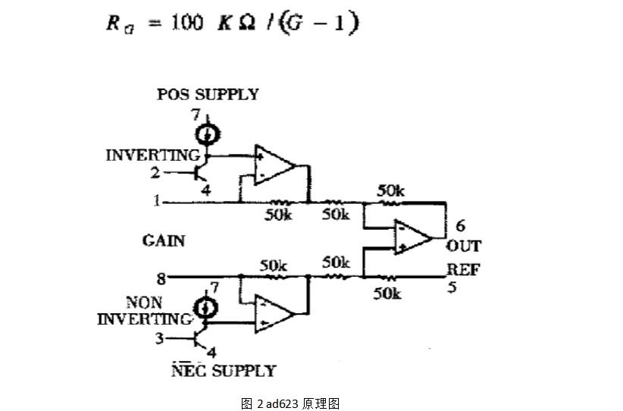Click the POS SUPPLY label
(208, 95)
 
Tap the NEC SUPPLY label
(224, 371)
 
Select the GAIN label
(164, 241)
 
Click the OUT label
(463, 246)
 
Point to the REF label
(463, 269)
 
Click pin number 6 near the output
(460, 226)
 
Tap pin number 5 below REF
(452, 287)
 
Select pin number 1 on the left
(157, 201)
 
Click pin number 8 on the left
(161, 279)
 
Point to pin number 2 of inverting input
(155, 173)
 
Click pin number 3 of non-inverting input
(159, 339)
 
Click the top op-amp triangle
(274, 165)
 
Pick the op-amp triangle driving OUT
(413, 237)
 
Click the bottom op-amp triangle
(274, 314)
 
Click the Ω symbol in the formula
(246, 24)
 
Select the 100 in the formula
(186, 22)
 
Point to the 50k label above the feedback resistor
(390, 191)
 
